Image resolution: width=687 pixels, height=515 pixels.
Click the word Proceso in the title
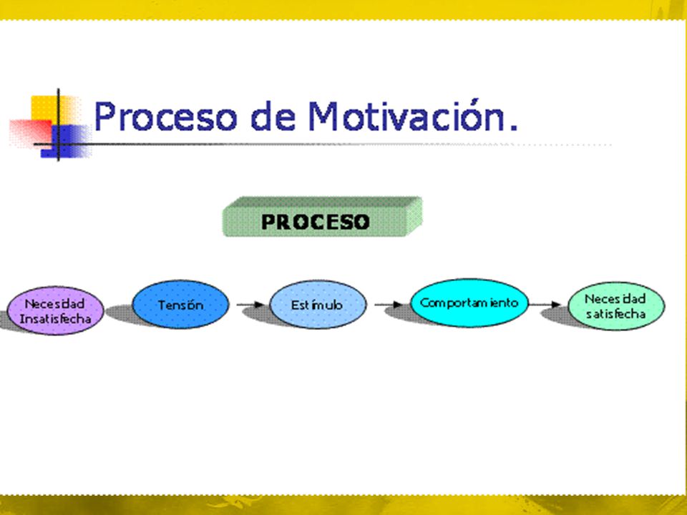tap(165, 116)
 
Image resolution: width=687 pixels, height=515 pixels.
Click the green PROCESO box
tap(323, 217)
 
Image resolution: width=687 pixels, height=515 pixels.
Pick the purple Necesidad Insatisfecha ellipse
tap(55, 310)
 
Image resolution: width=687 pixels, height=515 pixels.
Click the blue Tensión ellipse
tap(180, 304)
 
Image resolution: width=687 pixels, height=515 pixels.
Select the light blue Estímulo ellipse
tap(318, 305)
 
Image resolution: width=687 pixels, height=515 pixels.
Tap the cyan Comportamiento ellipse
tap(469, 303)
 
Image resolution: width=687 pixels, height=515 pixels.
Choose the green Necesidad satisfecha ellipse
tap(616, 305)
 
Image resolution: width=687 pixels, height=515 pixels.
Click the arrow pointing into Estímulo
tap(250, 305)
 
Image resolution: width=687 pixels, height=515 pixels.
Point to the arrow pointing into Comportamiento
tap(389, 305)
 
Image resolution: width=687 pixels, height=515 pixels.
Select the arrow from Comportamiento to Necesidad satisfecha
tap(545, 305)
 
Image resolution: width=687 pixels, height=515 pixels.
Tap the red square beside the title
tap(30, 132)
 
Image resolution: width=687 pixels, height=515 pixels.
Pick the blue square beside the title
tap(66, 141)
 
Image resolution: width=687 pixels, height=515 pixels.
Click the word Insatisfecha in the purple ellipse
tap(55, 318)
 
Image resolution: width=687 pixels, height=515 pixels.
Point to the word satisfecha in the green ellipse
tap(616, 314)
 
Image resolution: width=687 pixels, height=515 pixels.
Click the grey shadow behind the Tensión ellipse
tap(122, 315)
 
